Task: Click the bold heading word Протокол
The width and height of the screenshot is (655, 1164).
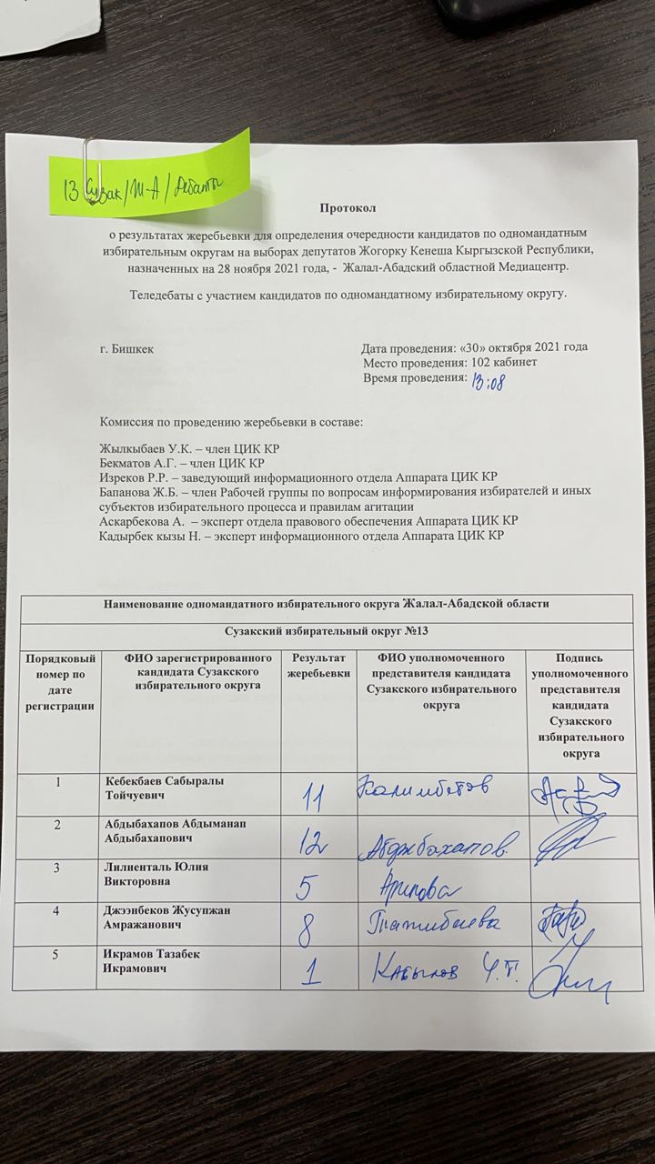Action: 348,210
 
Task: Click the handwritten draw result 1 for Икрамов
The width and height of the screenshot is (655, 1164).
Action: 312,975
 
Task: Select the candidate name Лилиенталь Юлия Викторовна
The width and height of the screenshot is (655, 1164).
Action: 156,873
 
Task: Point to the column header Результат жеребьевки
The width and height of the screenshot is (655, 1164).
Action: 317,665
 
